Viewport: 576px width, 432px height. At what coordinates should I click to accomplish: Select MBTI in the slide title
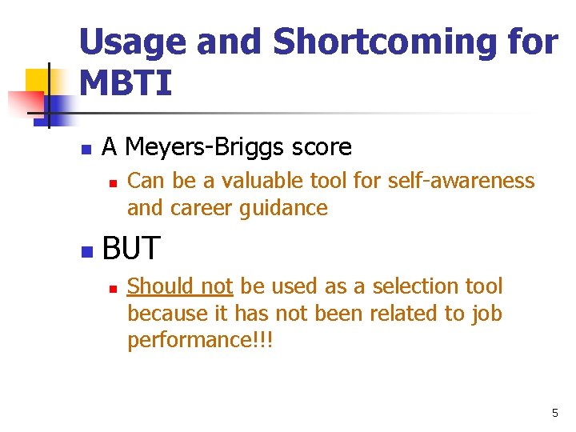tap(126, 83)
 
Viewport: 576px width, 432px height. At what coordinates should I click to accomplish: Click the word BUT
tap(131, 249)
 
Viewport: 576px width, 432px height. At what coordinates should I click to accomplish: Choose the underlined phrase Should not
tap(180, 286)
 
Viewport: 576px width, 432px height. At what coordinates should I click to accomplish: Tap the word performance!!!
tap(200, 341)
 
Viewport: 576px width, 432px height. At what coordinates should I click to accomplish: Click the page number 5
tap(554, 413)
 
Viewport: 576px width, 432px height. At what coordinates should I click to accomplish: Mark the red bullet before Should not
tap(113, 288)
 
